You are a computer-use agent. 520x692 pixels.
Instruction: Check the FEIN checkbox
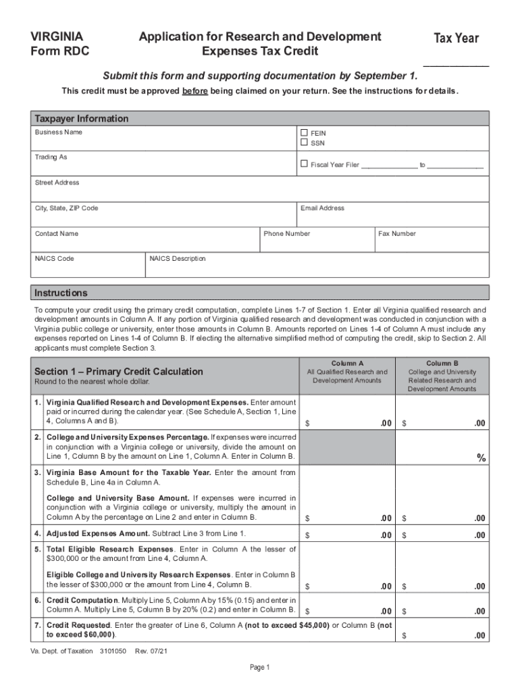coord(304,133)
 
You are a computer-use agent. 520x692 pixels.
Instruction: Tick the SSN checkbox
coord(304,143)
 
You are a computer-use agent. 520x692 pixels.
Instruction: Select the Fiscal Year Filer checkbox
coord(304,164)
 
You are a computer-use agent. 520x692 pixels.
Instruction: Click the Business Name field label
coord(59,132)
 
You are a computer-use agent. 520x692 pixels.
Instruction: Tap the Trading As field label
coord(51,157)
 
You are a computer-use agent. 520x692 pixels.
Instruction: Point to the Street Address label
coord(57,182)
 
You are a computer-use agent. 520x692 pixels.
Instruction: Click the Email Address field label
coord(322,208)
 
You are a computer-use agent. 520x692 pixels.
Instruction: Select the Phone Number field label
coord(287,234)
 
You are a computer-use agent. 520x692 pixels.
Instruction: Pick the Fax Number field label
coord(397,234)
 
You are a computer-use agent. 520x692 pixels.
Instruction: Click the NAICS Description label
coord(178,259)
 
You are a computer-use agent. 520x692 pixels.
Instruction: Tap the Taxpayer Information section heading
coord(82,119)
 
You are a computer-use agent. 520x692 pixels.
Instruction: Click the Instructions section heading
coord(61,293)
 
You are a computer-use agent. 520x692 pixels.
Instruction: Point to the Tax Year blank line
coord(456,65)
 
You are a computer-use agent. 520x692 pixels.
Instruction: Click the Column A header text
coord(347,364)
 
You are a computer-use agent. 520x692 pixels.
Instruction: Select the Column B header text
coord(442,364)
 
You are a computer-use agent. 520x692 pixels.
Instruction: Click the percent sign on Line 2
coord(481,458)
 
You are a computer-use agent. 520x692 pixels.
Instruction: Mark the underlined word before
coord(194,91)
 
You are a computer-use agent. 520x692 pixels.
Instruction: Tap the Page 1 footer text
coord(260,668)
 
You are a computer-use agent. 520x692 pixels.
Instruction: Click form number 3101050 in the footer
coord(113,651)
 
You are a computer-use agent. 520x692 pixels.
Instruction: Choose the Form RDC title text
coord(60,51)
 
